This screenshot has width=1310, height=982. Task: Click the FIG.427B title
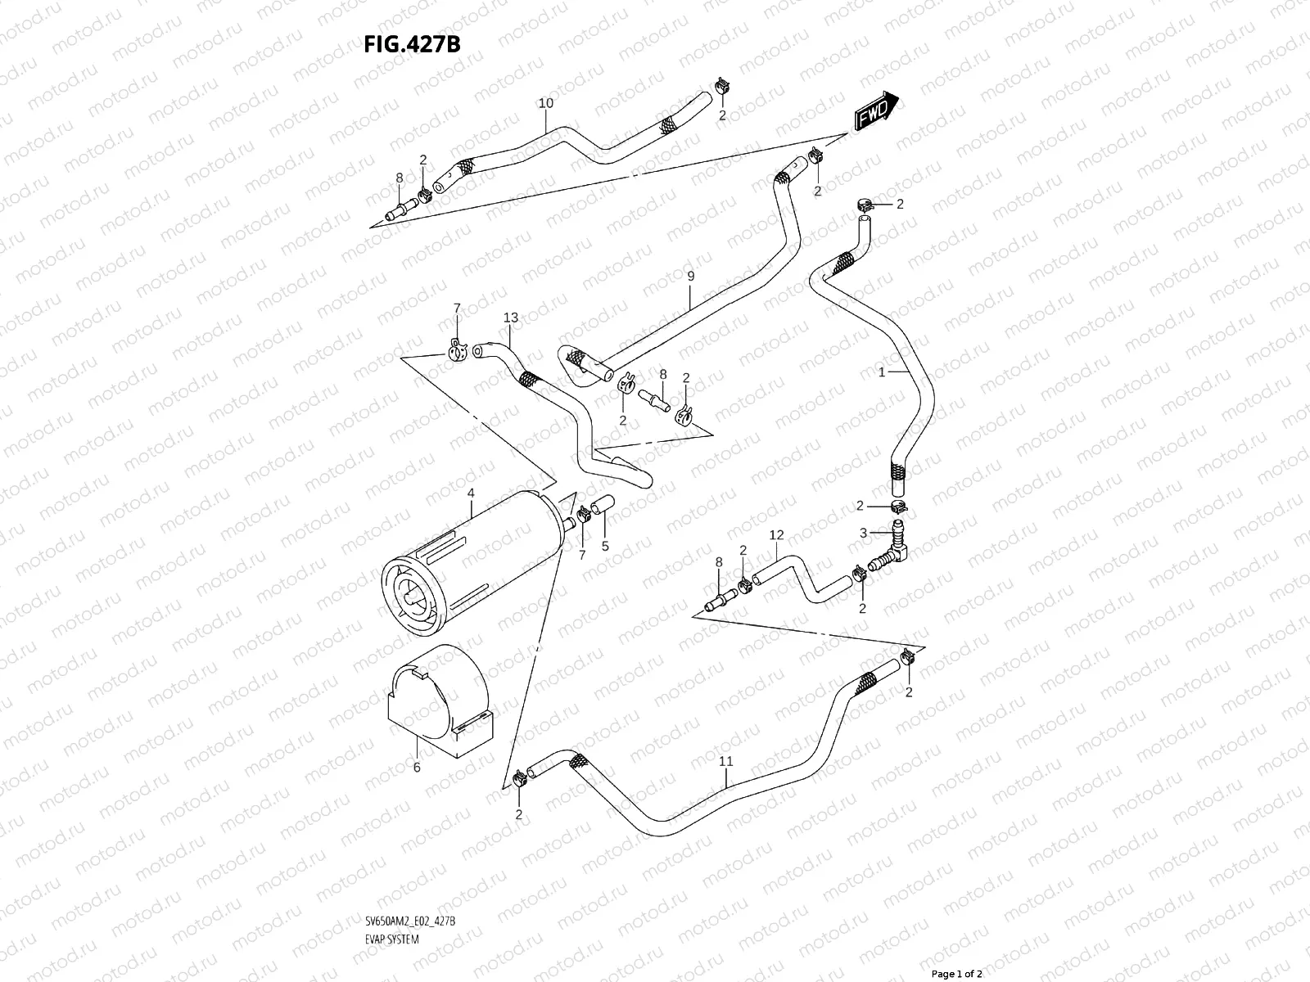pyautogui.click(x=412, y=43)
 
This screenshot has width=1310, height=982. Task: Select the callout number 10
pyautogui.click(x=546, y=103)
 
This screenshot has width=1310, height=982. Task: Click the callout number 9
pyautogui.click(x=690, y=277)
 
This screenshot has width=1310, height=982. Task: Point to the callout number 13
pyautogui.click(x=511, y=318)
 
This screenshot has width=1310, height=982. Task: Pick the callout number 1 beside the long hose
pyautogui.click(x=882, y=372)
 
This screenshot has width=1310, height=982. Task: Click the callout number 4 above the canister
pyautogui.click(x=471, y=493)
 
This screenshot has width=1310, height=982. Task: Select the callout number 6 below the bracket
pyautogui.click(x=416, y=767)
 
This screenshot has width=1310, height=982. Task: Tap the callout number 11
pyautogui.click(x=725, y=761)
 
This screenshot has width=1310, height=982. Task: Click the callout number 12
pyautogui.click(x=776, y=534)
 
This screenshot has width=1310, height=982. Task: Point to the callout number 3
pyautogui.click(x=863, y=533)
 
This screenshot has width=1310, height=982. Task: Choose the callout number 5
pyautogui.click(x=605, y=546)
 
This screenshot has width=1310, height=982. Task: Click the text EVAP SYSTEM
pyautogui.click(x=391, y=894)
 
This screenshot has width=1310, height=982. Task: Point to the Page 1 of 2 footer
pyautogui.click(x=956, y=974)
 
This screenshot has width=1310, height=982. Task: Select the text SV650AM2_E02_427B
pyautogui.click(x=410, y=876)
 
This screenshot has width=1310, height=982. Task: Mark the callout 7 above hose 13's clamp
pyautogui.click(x=457, y=308)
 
